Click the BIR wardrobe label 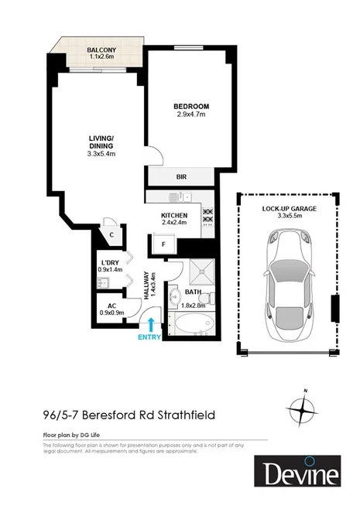tap(183, 176)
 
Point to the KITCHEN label tap(174, 215)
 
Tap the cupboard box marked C tap(112, 234)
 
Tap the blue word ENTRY tap(149, 337)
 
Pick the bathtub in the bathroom tap(191, 326)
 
